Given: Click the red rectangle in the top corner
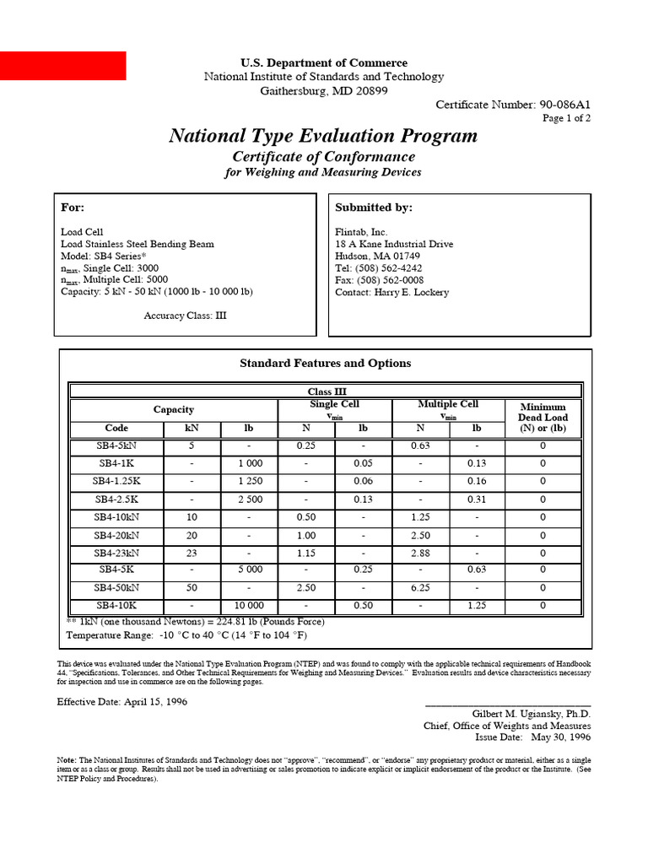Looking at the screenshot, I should point(63,66).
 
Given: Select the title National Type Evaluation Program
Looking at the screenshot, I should point(323,136).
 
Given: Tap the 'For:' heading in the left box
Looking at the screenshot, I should point(73,208).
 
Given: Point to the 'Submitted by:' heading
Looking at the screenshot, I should point(374,208).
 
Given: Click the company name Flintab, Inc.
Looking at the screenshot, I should point(362,232).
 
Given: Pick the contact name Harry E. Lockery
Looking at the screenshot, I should point(392,292).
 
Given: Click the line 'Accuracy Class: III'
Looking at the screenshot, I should point(185,316).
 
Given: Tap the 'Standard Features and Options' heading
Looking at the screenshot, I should point(325,364).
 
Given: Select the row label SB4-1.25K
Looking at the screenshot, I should point(116,481).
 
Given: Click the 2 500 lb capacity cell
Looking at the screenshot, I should point(249,499).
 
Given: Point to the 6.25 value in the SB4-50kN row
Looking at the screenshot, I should point(420,588).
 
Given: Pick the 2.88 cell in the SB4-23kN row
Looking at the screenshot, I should point(420,553).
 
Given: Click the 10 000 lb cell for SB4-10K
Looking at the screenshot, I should point(249,606).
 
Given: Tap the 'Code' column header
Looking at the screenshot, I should point(116,429).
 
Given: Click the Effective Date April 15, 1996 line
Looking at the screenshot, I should point(122,702).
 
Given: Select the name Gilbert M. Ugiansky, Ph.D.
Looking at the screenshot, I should point(531,714).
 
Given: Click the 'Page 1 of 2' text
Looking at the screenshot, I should point(565,119).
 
